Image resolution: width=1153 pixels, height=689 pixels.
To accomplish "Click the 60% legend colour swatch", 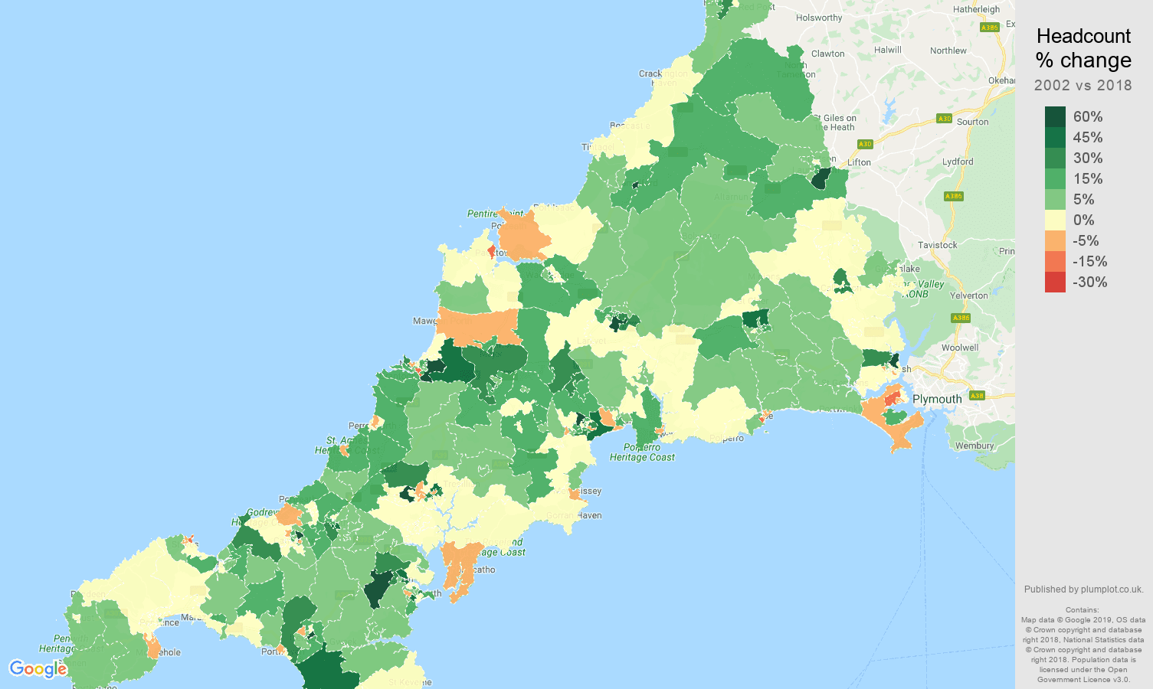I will tap(1055, 117).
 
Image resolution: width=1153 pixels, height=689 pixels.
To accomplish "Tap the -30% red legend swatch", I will tap(1055, 282).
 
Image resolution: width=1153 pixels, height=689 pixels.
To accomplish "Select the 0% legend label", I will tap(1083, 220).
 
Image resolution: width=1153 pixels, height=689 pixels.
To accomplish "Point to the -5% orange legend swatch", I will tap(1055, 241).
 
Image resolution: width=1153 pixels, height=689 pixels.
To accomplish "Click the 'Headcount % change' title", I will tap(1083, 48).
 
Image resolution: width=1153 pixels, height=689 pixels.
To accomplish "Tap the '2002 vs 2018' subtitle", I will tap(1083, 85).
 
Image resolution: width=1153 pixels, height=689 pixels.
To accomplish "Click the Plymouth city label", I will tap(936, 399).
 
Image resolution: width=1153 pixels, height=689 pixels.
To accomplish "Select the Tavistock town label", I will tap(937, 245).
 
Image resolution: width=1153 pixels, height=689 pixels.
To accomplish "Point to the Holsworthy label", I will tap(819, 18).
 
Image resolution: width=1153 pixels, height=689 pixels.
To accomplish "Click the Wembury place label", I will tap(974, 446).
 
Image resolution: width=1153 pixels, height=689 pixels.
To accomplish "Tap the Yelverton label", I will tap(969, 296).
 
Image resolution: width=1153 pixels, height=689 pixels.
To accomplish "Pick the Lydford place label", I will tap(958, 162).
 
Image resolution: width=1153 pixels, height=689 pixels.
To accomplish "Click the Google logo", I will tap(38, 669).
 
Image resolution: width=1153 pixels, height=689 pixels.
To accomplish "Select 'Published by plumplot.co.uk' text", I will tap(1083, 589).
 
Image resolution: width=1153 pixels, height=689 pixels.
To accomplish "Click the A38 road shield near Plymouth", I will tap(976, 396).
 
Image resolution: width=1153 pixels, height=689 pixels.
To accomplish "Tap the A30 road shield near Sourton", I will tap(944, 119).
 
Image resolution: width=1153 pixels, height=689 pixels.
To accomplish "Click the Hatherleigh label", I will tap(976, 9).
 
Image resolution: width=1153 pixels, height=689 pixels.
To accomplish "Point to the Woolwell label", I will tap(960, 348).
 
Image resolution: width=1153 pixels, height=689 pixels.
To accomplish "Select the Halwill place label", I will tap(888, 50).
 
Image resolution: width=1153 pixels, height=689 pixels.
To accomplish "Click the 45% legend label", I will tap(1088, 138).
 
